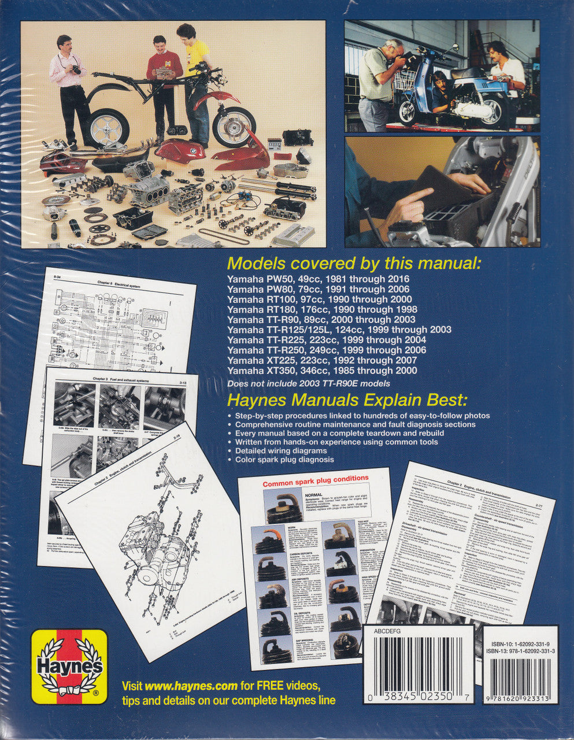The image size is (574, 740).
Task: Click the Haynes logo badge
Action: pos(69,667)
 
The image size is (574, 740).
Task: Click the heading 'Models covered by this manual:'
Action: pos(353,264)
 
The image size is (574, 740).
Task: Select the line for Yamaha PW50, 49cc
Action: pos(318,279)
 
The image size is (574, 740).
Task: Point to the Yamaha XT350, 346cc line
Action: pos(322,371)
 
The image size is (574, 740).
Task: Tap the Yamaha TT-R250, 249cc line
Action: pos(327,350)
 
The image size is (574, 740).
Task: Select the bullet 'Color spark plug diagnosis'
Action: pos(284,460)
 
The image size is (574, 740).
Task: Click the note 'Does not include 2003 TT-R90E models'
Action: pos(309,384)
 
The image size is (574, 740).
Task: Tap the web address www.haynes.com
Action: pos(191,686)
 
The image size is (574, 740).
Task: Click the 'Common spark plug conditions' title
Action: pos(316,478)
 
